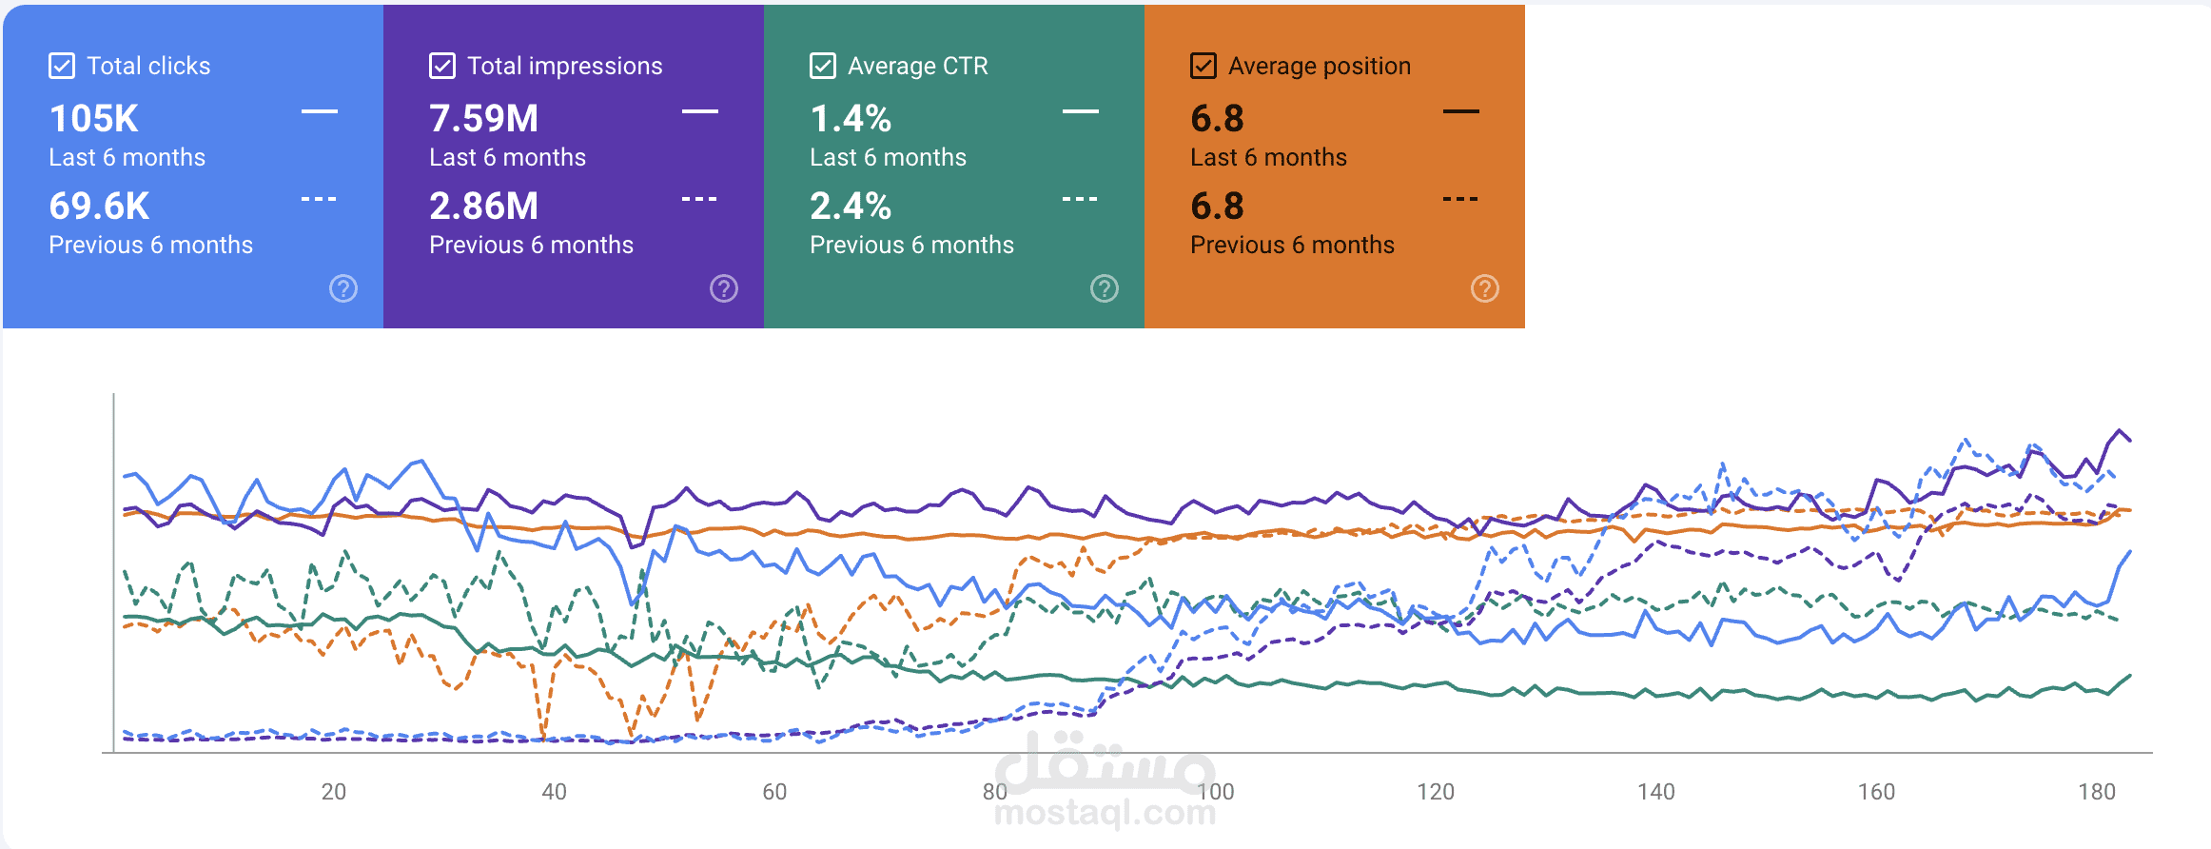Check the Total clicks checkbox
[x=62, y=66]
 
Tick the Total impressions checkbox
[x=442, y=66]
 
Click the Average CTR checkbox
[x=823, y=66]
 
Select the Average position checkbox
[x=1203, y=66]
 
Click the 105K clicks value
[x=94, y=119]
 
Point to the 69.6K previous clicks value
[x=99, y=207]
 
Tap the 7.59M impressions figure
[x=483, y=119]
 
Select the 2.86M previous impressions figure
[x=483, y=207]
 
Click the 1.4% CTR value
[x=851, y=119]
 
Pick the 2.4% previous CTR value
[x=851, y=207]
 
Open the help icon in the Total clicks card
[x=343, y=288]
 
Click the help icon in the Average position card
[x=1485, y=288]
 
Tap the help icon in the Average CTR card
[x=1105, y=288]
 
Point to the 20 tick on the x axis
[x=334, y=792]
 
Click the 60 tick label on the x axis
[x=774, y=792]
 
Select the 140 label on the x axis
[x=1656, y=792]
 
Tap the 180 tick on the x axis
[x=2097, y=792]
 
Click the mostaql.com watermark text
[x=1105, y=813]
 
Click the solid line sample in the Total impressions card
[x=700, y=111]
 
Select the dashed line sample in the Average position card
[x=1460, y=199]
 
